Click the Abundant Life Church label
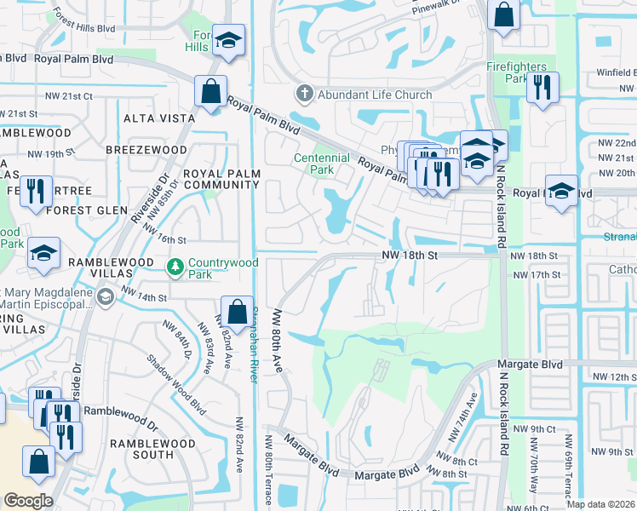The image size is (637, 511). click(375, 95)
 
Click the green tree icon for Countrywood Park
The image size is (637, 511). click(175, 268)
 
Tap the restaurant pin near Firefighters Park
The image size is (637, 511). click(542, 87)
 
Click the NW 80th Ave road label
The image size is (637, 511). click(277, 341)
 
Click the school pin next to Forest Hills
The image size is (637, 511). click(228, 40)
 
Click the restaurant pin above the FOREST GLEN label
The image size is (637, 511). click(34, 189)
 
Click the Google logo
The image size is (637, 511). click(29, 501)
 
